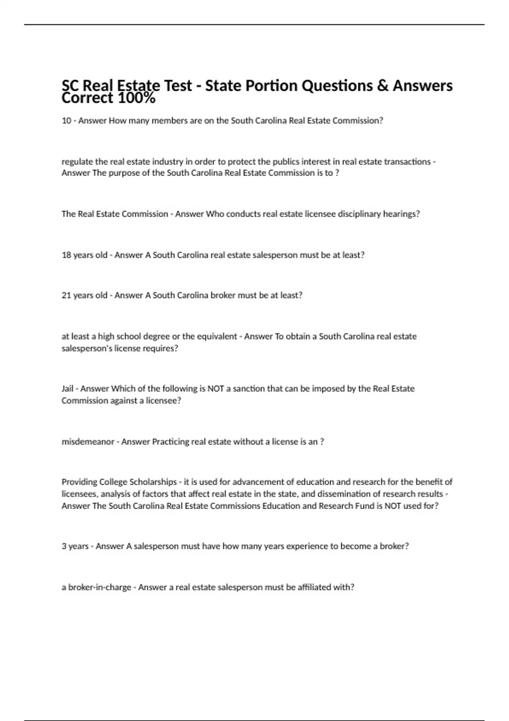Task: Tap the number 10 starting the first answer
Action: pos(66,121)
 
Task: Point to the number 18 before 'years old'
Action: pos(66,255)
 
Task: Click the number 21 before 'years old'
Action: pos(66,296)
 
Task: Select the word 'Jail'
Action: pos(67,389)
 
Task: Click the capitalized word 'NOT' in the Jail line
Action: pos(215,389)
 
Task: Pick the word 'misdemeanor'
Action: pos(88,442)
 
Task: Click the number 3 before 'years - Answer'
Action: pos(64,546)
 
